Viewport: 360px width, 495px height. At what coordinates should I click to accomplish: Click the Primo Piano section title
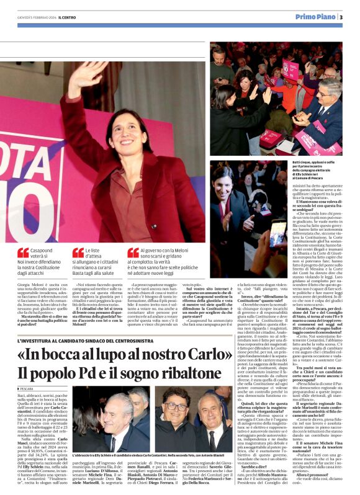[x=315, y=17]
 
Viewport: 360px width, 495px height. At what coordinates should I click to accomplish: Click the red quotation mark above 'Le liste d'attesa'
[x=78, y=252]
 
